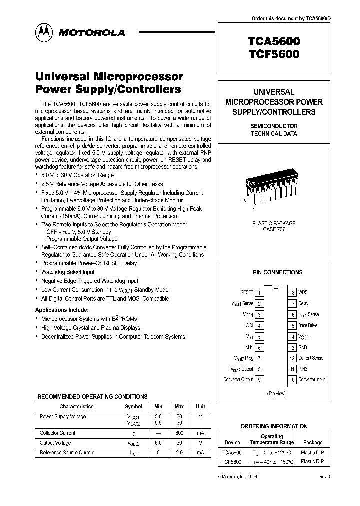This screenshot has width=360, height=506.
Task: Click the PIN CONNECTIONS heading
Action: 277,272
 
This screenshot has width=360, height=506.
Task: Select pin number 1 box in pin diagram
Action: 260,292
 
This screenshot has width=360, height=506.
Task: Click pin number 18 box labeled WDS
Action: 292,292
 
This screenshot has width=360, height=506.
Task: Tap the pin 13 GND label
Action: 303,347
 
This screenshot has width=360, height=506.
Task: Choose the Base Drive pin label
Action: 308,325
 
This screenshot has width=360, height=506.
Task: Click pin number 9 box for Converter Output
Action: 260,380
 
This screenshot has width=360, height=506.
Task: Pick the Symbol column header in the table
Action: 133,407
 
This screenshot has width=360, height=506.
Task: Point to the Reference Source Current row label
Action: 67,453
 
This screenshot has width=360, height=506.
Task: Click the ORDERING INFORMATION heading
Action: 274,426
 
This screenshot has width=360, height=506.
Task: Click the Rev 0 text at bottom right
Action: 325,477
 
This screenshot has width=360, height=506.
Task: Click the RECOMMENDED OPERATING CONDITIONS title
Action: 92,396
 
